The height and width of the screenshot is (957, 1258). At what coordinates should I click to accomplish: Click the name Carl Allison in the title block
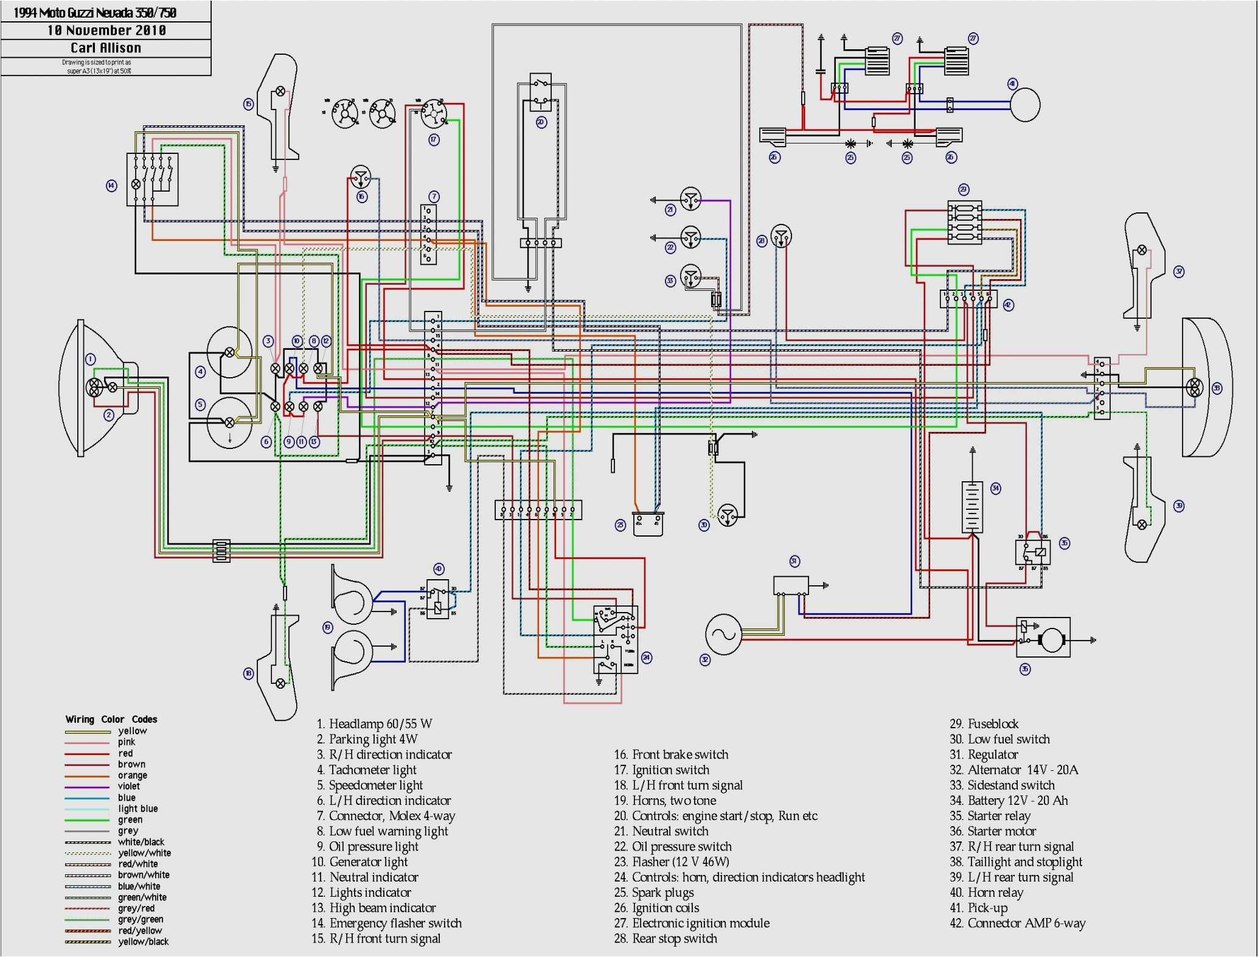(106, 48)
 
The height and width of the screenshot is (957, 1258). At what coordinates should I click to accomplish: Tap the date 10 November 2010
(106, 30)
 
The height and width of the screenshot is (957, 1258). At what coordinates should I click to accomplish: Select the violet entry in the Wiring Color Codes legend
(128, 786)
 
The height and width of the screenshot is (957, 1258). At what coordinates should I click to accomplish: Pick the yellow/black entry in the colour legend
(143, 942)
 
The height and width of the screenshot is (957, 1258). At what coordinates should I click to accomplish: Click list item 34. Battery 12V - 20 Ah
(1009, 801)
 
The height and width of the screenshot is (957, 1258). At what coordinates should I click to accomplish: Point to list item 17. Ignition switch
(661, 770)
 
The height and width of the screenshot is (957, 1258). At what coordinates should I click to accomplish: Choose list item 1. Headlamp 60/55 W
(374, 724)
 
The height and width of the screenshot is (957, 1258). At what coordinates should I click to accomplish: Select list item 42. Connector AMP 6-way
(1017, 924)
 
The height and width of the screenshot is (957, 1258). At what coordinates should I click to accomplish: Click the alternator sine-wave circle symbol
(723, 635)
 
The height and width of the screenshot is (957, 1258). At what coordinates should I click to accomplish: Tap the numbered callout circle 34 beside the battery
(996, 489)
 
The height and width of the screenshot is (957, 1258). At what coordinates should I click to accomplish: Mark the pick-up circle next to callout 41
(1025, 105)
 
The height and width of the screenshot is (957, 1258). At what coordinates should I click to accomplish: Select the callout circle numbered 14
(111, 186)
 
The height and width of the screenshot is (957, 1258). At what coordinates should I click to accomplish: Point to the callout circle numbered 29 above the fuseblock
(964, 189)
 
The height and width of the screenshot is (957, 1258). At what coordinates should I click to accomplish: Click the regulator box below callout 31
(791, 586)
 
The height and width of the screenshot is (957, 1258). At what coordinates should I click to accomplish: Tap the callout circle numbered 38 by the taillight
(1217, 388)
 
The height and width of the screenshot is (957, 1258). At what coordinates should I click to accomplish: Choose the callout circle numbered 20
(541, 122)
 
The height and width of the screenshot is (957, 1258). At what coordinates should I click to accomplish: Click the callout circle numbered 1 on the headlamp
(91, 360)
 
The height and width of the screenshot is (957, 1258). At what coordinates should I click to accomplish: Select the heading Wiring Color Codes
(111, 719)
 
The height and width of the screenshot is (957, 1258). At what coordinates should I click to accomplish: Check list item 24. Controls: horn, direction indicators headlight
(739, 877)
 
